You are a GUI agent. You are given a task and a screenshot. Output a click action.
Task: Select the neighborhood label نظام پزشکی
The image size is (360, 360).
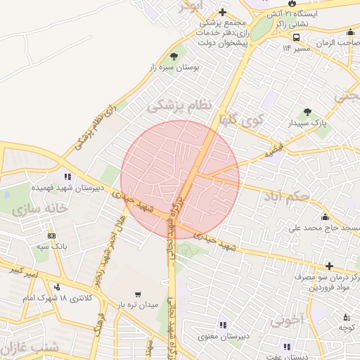179,105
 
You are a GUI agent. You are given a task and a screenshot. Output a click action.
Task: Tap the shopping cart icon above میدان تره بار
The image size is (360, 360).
138,293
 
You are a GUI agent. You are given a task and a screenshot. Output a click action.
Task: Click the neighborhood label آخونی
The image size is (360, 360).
289,320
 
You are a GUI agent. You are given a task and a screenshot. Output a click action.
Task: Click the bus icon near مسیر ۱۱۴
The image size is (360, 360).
297,37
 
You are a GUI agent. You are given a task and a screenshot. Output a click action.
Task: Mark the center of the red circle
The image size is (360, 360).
180,179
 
